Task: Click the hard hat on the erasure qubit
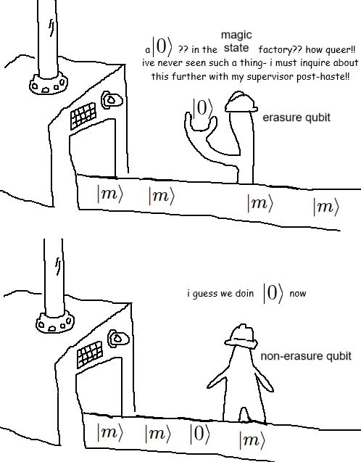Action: pyautogui.click(x=241, y=102)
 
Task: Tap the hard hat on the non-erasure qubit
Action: pyautogui.click(x=241, y=337)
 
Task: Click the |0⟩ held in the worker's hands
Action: pyautogui.click(x=202, y=108)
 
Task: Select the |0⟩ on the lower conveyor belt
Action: pyautogui.click(x=200, y=434)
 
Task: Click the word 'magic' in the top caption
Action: pyautogui.click(x=236, y=35)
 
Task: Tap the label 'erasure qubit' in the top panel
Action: pyautogui.click(x=296, y=117)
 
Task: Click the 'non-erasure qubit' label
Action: pyautogui.click(x=306, y=356)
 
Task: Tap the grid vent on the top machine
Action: pyautogui.click(x=83, y=116)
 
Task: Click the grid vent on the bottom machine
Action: pyautogui.click(x=90, y=354)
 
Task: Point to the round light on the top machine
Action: pyautogui.click(x=112, y=100)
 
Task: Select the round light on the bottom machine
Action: pyautogui.click(x=118, y=339)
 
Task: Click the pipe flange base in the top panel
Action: pyautogui.click(x=49, y=84)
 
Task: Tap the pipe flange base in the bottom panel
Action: pyautogui.click(x=55, y=322)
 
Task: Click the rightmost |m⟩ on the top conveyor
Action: pyautogui.click(x=325, y=207)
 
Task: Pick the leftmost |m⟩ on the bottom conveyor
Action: pyautogui.click(x=110, y=432)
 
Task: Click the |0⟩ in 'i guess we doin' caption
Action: pyautogui.click(x=273, y=293)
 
